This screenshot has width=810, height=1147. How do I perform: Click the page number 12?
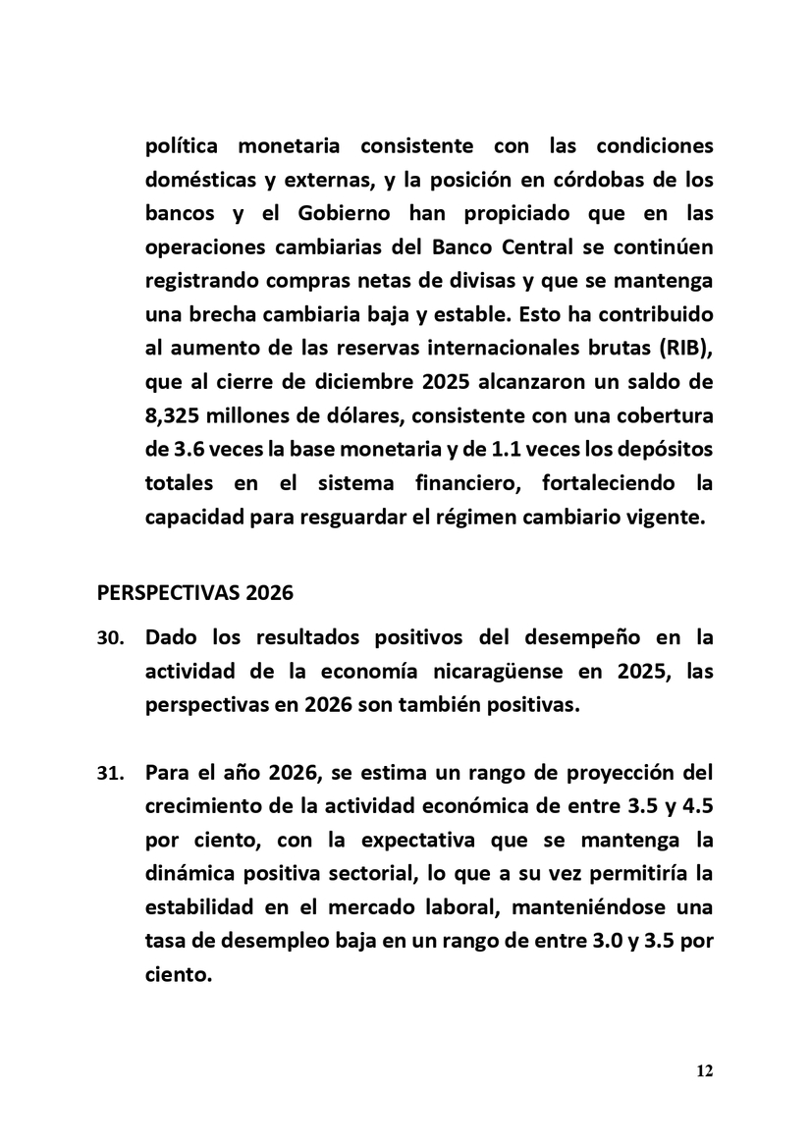pos(704,1070)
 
